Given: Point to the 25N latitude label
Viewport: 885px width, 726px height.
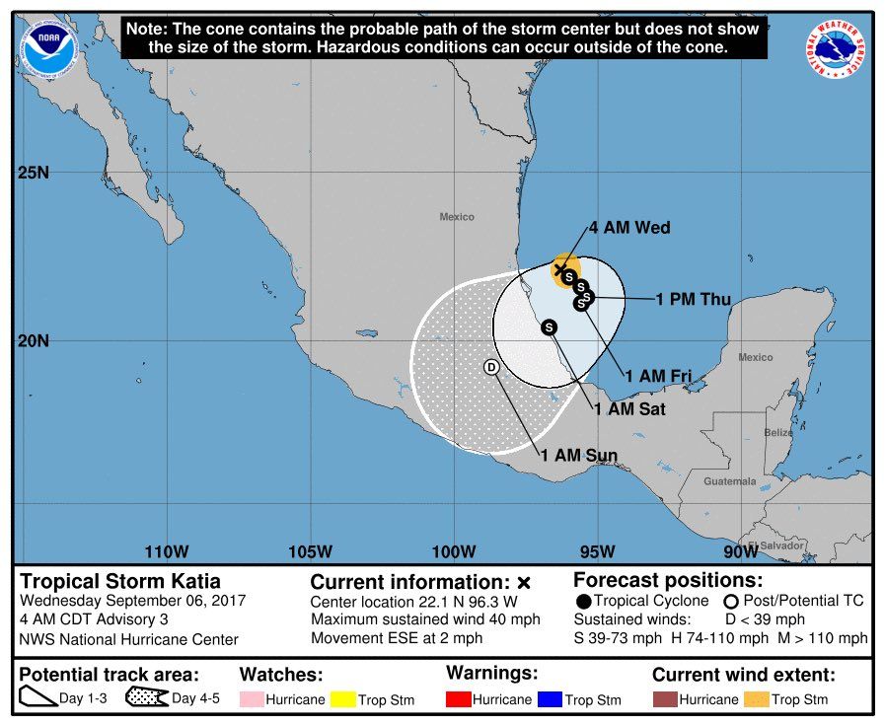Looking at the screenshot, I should (34, 174).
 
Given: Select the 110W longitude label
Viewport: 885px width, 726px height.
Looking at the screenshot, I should (166, 550).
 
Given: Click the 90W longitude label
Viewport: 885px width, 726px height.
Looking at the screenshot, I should (740, 550).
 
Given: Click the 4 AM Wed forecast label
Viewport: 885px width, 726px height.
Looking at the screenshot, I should (629, 228).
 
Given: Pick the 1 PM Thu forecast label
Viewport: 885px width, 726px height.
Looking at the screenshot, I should (694, 299).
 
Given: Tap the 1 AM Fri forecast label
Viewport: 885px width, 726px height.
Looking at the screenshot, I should (657, 376).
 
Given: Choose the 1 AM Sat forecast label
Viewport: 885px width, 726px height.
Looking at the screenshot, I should (628, 409).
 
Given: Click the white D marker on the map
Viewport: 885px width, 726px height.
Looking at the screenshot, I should (491, 367).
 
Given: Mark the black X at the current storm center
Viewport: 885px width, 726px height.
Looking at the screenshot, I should (560, 268).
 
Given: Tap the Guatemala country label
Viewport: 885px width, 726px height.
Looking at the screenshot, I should (730, 481).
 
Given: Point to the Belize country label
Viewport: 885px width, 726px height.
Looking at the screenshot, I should (778, 432).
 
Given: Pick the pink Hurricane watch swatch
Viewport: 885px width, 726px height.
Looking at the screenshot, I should (252, 699).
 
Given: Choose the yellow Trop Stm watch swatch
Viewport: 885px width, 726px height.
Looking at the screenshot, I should (342, 699).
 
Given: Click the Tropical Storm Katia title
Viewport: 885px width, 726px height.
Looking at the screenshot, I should (120, 581).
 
